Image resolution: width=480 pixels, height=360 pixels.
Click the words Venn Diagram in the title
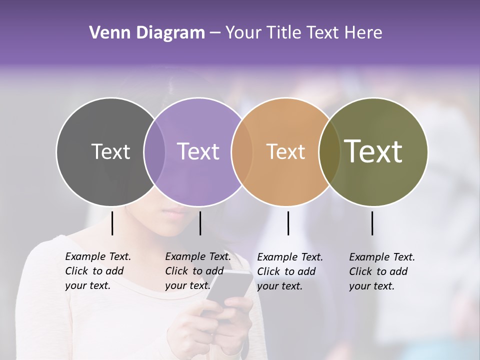click(x=147, y=33)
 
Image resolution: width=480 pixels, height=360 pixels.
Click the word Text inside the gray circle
click(x=110, y=151)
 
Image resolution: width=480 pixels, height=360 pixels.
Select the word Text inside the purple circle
click(x=198, y=151)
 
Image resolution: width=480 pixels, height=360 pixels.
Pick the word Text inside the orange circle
click(x=285, y=151)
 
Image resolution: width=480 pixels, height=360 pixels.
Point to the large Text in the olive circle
click(x=373, y=151)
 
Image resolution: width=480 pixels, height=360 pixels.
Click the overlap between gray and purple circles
click(x=154, y=152)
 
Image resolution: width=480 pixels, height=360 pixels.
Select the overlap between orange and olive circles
click(x=329, y=152)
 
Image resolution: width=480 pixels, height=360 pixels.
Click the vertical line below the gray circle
click(x=112, y=223)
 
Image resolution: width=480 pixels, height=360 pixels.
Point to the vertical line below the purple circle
click(x=200, y=223)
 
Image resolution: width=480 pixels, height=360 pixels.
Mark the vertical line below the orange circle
click(x=288, y=223)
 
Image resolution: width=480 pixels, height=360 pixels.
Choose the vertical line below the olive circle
click(x=372, y=223)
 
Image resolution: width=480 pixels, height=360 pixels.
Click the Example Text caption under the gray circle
click(x=97, y=271)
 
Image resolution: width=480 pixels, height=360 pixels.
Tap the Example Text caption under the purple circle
click(x=197, y=271)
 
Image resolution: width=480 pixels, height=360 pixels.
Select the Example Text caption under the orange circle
click(x=289, y=271)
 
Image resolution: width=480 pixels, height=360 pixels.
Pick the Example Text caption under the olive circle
click(x=381, y=271)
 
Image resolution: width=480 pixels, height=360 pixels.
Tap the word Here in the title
click(x=364, y=33)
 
